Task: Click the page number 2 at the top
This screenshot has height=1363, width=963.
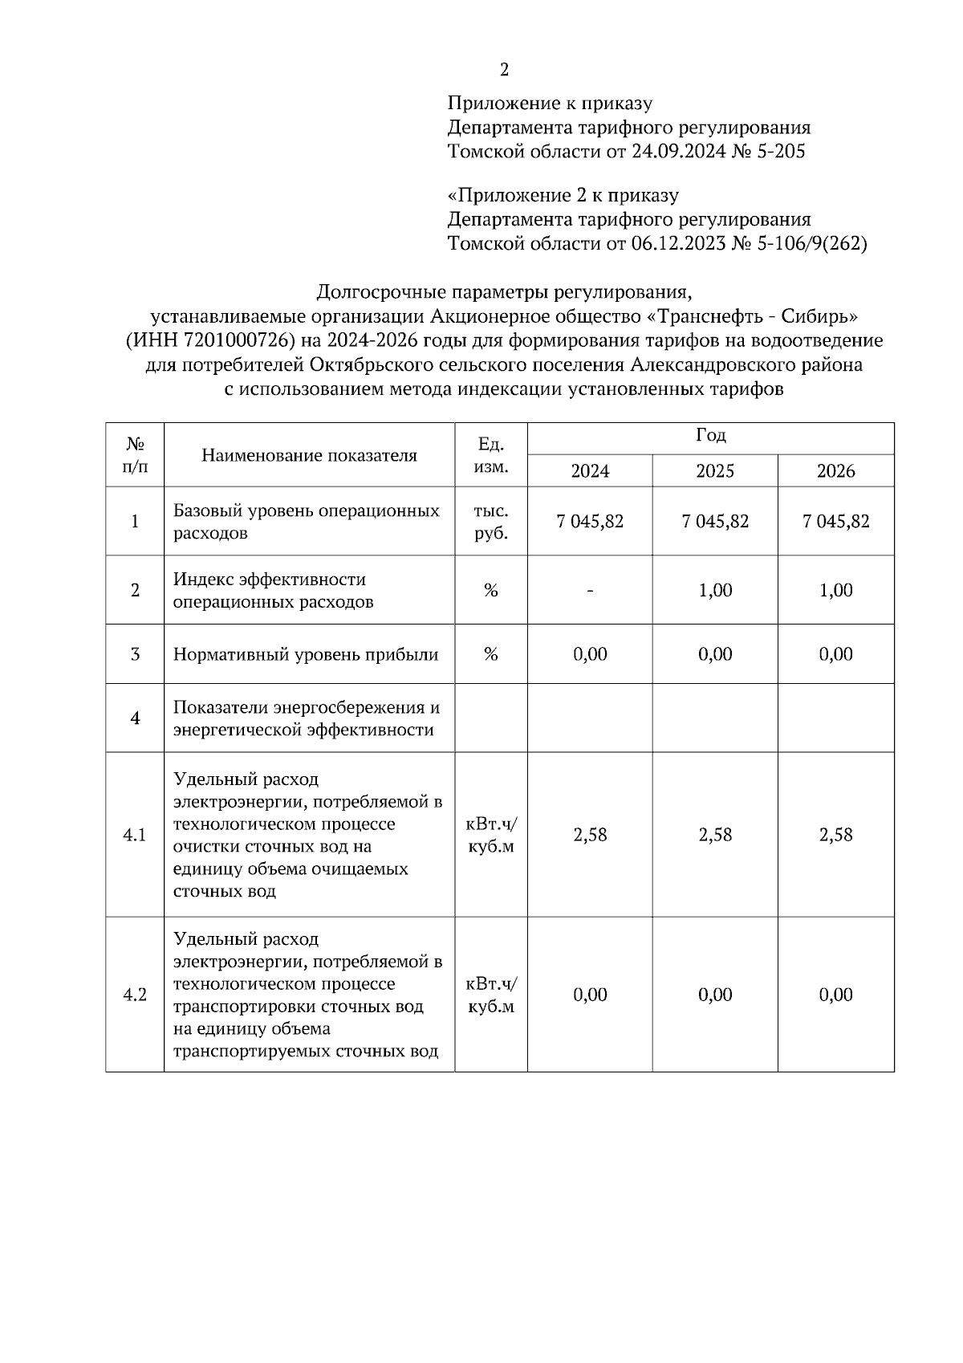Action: tap(504, 71)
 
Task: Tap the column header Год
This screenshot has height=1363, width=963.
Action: tap(710, 436)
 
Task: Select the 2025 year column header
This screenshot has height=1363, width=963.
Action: tap(714, 471)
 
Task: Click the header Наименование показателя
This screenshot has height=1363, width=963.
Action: tap(309, 455)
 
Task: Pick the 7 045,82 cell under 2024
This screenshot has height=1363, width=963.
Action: tap(590, 521)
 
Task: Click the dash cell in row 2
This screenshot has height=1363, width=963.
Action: tap(590, 590)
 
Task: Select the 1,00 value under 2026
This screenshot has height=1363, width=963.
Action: tap(835, 590)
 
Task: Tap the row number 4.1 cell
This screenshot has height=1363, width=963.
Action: tap(135, 835)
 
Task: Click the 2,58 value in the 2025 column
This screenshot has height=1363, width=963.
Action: tap(714, 835)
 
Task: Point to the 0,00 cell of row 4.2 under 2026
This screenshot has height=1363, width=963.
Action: tap(835, 995)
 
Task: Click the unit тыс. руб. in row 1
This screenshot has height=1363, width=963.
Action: tap(490, 522)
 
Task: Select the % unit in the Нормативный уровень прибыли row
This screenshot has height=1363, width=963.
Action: tap(490, 654)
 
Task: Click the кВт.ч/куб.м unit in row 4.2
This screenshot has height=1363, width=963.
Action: tap(490, 995)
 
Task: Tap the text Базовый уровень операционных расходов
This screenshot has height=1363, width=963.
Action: tap(306, 522)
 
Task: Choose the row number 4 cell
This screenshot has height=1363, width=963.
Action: tap(135, 718)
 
